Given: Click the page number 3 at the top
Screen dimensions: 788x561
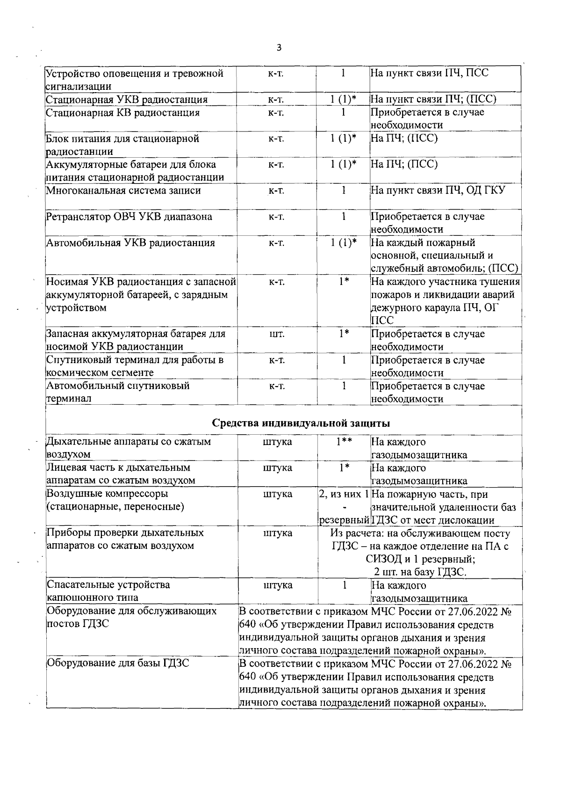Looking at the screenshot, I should pyautogui.click(x=279, y=48).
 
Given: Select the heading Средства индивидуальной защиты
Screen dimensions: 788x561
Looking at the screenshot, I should pyautogui.click(x=301, y=423).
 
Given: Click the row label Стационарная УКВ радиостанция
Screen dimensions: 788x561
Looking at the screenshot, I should pyautogui.click(x=126, y=99).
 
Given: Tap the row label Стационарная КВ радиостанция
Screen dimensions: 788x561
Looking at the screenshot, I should pyautogui.click(x=122, y=113).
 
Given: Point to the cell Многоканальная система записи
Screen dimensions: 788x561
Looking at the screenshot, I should pyautogui.click(x=123, y=190).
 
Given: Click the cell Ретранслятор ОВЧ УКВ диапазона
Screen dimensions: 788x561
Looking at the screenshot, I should pyautogui.click(x=129, y=217).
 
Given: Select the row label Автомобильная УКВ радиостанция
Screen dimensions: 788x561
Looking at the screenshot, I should pyautogui.click(x=130, y=243).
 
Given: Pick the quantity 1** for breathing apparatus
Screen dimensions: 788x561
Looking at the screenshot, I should pyautogui.click(x=344, y=442).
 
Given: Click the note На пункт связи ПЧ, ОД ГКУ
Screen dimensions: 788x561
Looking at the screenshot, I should pyautogui.click(x=438, y=190).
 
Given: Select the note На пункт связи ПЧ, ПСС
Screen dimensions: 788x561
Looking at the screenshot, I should pyautogui.click(x=429, y=73).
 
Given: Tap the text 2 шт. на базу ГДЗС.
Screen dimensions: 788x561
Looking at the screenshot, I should pyautogui.click(x=420, y=572).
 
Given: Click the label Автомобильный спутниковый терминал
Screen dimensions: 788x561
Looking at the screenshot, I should pyautogui.click(x=117, y=392).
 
